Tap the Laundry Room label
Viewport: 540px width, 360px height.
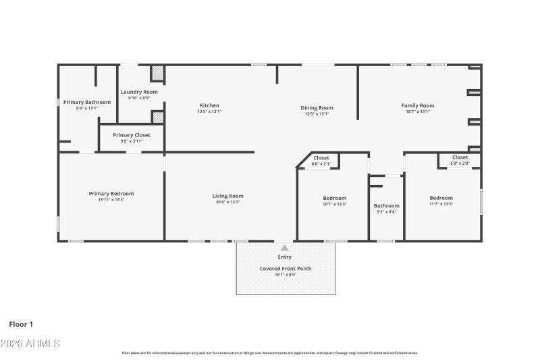pos(139,92)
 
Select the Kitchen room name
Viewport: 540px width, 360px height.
pos(209,105)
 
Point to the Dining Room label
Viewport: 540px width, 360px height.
pos(317,108)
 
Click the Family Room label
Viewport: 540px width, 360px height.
pos(418,105)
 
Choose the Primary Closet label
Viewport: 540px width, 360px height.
pos(132,135)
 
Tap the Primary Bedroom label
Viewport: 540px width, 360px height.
pos(111,194)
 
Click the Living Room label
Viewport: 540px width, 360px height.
pos(228,196)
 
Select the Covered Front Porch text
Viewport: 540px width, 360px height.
pos(286,268)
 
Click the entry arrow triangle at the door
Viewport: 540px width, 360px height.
pos(285,247)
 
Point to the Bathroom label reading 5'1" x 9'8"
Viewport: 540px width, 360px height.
pos(387,206)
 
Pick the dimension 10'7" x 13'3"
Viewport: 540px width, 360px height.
pos(334,204)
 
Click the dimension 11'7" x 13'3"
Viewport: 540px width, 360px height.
pos(441,204)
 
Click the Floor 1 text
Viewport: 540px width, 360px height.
pos(21,324)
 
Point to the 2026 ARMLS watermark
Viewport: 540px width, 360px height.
pos(30,344)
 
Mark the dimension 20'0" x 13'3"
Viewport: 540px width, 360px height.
pos(228,202)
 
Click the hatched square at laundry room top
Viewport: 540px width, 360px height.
pos(157,73)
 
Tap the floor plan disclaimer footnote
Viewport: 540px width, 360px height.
pos(270,353)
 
